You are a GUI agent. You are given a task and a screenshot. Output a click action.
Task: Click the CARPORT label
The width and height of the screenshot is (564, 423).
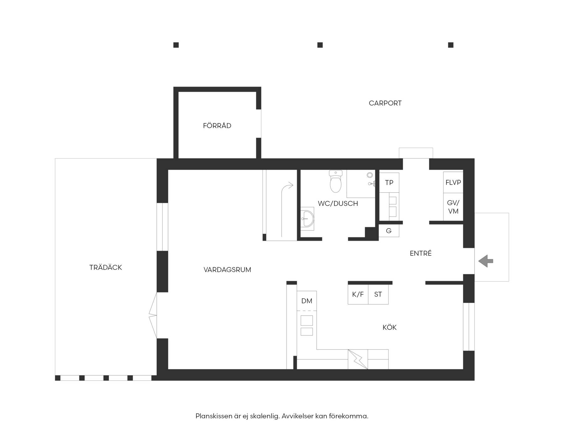point(385,103)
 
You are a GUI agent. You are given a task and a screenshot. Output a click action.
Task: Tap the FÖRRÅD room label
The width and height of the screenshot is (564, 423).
point(217,126)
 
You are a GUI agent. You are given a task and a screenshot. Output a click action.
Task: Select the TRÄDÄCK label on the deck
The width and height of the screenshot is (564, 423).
point(106,267)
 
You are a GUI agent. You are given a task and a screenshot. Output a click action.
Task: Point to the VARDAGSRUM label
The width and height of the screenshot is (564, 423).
point(227,269)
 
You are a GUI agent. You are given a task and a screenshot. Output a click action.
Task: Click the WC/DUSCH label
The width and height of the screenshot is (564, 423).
point(338,204)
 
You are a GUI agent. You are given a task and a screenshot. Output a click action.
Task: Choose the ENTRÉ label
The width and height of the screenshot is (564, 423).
point(421,253)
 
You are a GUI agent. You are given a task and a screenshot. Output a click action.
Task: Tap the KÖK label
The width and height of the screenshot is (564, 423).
point(389,327)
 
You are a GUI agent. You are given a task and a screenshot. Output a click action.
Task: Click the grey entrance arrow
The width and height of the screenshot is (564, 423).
point(486,261)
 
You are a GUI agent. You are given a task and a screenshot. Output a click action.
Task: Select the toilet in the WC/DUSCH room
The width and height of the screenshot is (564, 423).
point(336,181)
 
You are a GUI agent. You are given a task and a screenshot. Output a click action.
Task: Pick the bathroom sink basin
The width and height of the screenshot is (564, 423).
point(307,218)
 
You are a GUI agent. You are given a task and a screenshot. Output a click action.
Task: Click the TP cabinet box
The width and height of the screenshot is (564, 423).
point(389,183)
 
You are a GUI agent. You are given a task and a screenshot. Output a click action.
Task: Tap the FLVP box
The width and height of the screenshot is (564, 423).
point(453,182)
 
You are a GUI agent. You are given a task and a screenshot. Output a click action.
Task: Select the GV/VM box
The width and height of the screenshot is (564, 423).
point(453,207)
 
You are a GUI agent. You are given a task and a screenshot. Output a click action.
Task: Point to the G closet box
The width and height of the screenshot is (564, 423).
point(389,231)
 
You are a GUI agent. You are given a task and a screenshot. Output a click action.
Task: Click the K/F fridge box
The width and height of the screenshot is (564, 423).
point(358,294)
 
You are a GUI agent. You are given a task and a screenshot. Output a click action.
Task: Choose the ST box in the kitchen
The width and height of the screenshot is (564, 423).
point(378,294)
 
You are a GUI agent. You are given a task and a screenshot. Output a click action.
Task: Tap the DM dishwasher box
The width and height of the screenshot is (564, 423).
point(307,301)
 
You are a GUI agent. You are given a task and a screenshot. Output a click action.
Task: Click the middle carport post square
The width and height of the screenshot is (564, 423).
point(320,45)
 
